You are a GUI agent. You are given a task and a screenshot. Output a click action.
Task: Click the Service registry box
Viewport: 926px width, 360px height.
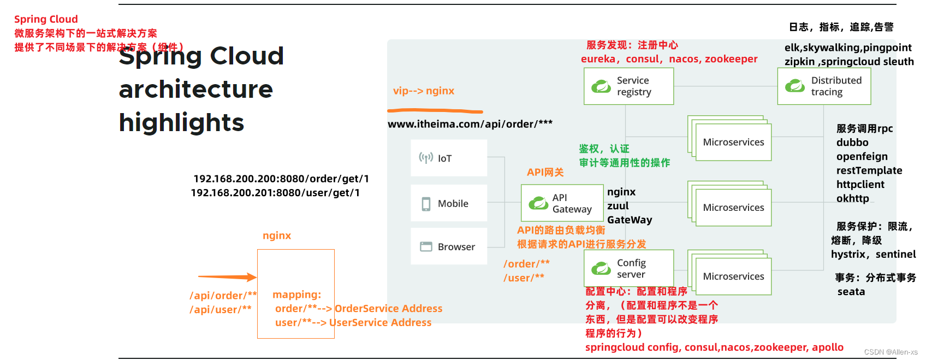click(628, 86)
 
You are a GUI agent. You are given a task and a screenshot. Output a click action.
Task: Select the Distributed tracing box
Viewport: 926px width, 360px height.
click(824, 86)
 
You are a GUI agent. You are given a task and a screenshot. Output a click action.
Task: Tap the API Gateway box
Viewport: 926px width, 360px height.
click(562, 203)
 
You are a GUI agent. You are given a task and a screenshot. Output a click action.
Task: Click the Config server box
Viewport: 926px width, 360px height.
click(628, 268)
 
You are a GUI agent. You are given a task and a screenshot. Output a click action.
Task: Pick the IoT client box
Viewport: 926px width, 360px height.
click(449, 158)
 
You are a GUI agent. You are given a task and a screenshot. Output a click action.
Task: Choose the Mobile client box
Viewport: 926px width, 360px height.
click(449, 203)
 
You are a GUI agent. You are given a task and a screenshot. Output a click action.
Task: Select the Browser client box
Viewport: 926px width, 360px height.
click(449, 246)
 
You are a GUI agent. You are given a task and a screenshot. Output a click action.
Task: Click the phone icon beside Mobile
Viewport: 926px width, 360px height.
click(426, 204)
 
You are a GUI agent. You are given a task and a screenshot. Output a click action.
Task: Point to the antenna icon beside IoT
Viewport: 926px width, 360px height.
click(426, 158)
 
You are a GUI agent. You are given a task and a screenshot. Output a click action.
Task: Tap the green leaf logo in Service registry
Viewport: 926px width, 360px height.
click(601, 86)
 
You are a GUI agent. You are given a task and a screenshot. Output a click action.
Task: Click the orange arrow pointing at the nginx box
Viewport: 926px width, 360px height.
click(227, 277)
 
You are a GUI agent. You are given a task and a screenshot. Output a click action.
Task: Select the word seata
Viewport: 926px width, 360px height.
click(851, 292)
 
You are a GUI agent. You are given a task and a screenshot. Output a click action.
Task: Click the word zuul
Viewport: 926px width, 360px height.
click(618, 206)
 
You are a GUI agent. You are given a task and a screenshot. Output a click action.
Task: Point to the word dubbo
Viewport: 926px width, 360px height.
click(852, 143)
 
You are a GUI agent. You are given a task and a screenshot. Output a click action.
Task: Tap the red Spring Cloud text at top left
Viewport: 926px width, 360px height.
click(46, 19)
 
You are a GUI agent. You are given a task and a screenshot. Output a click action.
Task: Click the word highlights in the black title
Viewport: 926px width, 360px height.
click(181, 122)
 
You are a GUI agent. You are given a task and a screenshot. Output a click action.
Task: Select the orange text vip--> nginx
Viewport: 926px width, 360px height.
click(424, 91)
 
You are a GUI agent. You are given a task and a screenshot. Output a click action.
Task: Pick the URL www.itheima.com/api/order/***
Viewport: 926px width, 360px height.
click(470, 124)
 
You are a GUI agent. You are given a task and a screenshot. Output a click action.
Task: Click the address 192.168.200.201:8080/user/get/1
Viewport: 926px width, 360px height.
click(275, 193)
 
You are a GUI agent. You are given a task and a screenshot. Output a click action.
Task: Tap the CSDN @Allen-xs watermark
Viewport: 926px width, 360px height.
click(891, 352)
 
